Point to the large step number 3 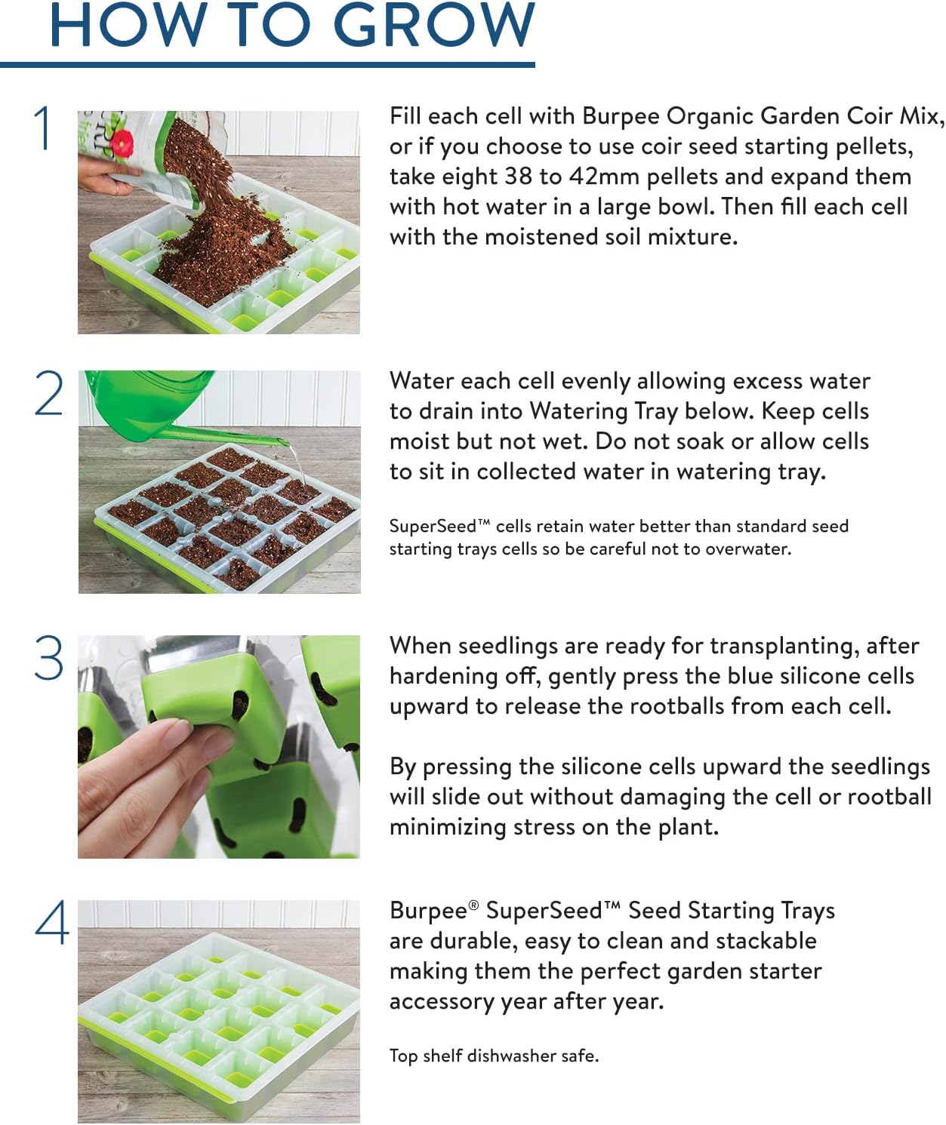pyautogui.click(x=49, y=658)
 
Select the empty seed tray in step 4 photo pyautogui.click(x=219, y=1011)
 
